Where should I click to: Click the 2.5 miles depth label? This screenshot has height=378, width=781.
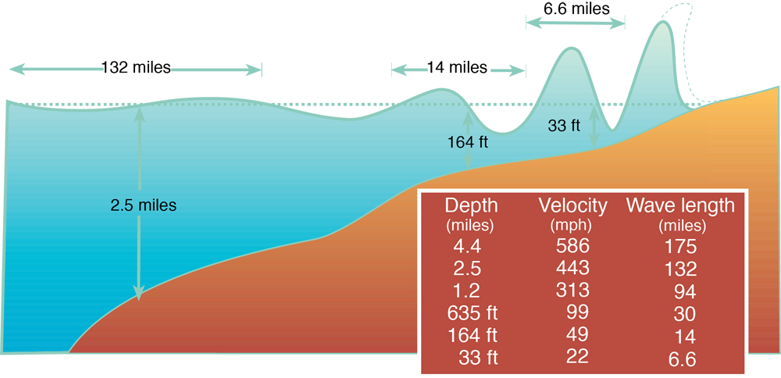pos(144,206)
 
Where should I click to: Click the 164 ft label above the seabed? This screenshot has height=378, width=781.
pos(468,143)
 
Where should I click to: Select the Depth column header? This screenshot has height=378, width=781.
pos(471,205)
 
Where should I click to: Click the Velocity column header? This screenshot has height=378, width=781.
pos(572,205)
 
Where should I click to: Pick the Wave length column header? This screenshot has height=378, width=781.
pos(680,205)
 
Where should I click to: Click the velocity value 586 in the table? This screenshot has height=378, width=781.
pos(572,248)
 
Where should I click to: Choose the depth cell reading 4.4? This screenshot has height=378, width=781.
pos(469,248)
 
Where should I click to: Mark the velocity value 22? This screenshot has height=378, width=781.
pos(575,359)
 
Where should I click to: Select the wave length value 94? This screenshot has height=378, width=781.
pos(683,292)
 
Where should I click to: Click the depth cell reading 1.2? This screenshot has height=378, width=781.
pos(469,292)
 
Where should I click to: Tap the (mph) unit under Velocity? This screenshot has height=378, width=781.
pos(572,226)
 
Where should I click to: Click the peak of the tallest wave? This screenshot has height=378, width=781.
pos(663,26)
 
